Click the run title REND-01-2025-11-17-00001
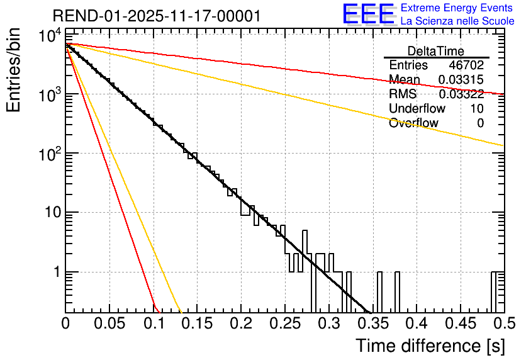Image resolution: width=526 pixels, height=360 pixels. coord(156,16)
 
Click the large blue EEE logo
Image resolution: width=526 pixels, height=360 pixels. coord(368,14)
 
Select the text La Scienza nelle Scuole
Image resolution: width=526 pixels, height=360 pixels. coord(457,21)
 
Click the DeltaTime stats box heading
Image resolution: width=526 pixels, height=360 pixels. coord(436,51)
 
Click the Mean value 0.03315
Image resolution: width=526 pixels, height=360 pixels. coord(461,80)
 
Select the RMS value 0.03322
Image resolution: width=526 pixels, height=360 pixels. coord(461,94)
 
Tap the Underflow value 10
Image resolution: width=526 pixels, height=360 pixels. coord(477,109)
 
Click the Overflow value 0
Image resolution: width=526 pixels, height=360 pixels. coord(480,123)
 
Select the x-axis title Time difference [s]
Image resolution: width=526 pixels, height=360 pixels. coord(429,346)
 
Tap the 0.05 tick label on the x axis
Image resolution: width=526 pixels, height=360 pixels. coord(109,323)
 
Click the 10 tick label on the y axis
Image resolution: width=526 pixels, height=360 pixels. coord(50,213)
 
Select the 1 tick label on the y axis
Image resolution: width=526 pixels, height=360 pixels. coord(55,272)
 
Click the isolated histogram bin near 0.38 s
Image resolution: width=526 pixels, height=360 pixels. coord(398,292)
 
